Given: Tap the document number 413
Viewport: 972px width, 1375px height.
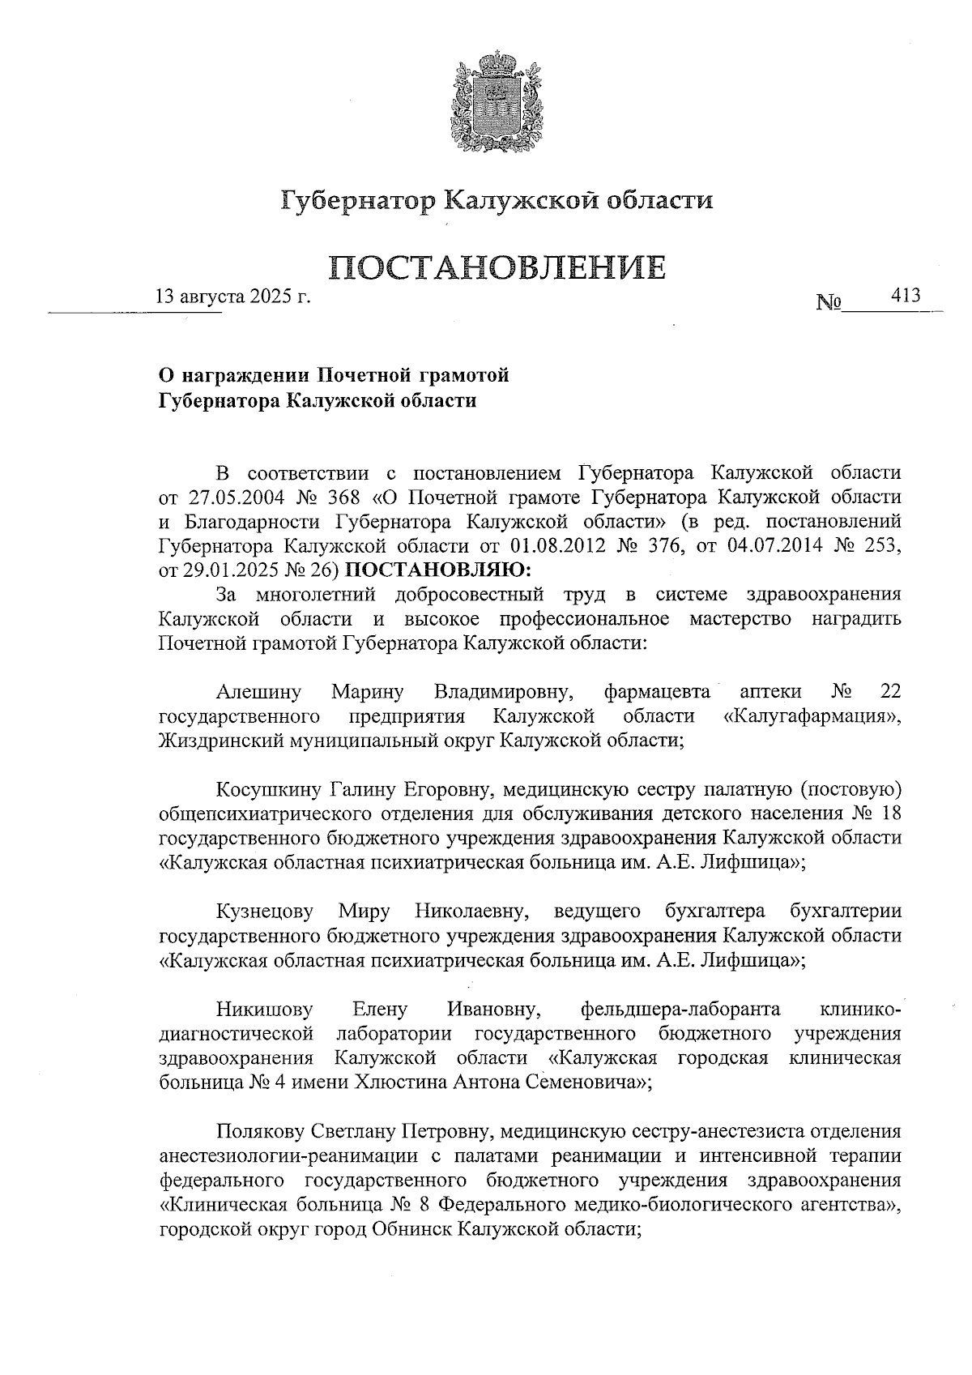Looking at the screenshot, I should coord(906,296).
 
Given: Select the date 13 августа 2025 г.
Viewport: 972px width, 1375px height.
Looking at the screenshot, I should coord(233,297).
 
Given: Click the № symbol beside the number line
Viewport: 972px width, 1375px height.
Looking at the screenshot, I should coord(828,304).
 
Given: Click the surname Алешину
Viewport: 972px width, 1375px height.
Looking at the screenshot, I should coord(258,691).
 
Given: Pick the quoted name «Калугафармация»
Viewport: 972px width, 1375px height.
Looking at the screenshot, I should coord(812,715).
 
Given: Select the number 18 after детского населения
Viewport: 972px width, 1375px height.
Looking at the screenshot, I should coord(890,813).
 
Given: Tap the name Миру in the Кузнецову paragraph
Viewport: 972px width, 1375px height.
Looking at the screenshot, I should coord(364,911).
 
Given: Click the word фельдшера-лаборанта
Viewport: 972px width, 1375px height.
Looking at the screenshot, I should coord(680,1009).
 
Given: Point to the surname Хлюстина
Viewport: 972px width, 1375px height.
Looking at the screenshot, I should coord(390,1082).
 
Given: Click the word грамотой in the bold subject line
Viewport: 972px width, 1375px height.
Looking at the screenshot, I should coord(465,375).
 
